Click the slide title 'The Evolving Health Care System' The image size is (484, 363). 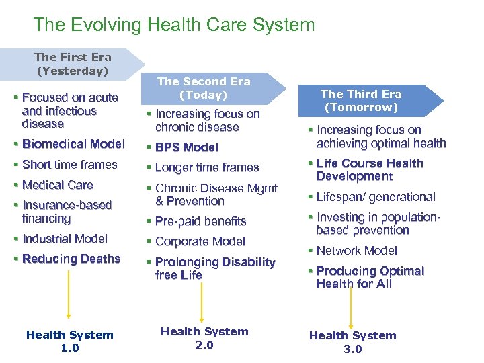pos(173,26)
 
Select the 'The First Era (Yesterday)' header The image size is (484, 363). pos(73,64)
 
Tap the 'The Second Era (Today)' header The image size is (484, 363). pos(204,88)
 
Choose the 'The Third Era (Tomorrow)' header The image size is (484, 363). pos(360,101)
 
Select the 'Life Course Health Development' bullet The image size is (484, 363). pos(369,170)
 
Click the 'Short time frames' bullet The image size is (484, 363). pos(69,165)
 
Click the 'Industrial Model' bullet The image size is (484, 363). pos(65,239)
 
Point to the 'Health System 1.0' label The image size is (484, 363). pos(70,341)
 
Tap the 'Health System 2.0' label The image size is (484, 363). pos(204,337)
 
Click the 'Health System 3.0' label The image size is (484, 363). pos(352,341)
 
